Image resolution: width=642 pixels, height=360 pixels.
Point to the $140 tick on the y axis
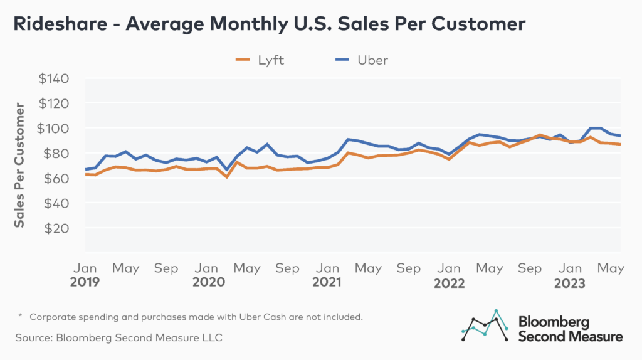pos(55,79)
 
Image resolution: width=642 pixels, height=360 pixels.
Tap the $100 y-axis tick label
pos(55,129)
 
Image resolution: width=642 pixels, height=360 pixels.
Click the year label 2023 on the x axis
pos(569,283)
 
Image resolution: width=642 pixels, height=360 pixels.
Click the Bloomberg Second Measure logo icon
pos(485,326)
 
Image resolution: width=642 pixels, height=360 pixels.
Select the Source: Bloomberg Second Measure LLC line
pos(119,337)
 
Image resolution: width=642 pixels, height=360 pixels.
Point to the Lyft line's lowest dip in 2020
pos(227,177)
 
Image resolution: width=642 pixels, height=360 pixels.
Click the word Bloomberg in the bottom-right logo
pos(554,322)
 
